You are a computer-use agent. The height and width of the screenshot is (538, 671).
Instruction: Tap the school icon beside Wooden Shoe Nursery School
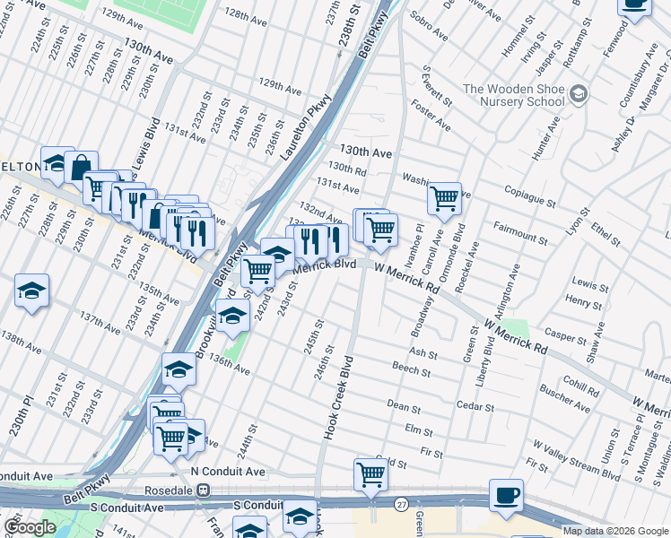(x=579, y=92)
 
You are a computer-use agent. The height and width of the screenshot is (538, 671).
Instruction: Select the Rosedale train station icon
(x=204, y=491)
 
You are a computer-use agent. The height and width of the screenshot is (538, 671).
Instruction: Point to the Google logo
(x=30, y=527)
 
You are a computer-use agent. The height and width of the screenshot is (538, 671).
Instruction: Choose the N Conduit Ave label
(x=228, y=471)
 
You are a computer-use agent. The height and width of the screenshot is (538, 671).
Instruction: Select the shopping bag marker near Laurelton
(x=81, y=167)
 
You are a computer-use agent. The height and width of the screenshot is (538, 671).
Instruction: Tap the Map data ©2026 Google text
(x=614, y=531)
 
